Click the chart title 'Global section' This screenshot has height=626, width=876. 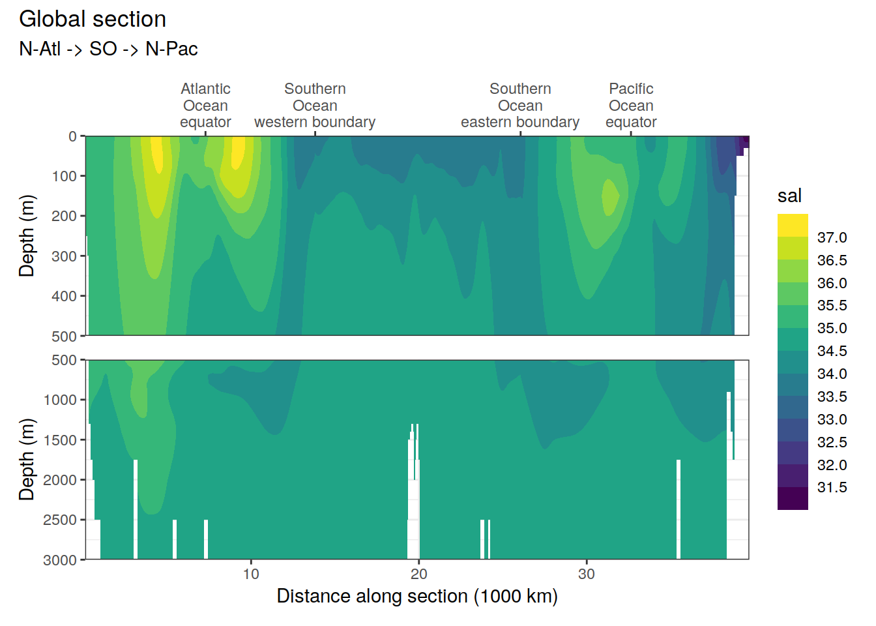coord(93,20)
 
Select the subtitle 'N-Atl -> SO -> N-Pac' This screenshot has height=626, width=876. coord(108,49)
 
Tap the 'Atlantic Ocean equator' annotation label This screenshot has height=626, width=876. coord(205,106)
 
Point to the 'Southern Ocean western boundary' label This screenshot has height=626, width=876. coord(315,106)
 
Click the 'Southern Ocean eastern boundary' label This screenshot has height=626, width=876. coord(520,106)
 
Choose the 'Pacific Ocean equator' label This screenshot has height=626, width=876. coord(631,106)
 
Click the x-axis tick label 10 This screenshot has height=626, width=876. coord(251,574)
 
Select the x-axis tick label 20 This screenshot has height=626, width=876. coord(418,574)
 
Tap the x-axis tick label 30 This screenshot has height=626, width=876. coord(587,574)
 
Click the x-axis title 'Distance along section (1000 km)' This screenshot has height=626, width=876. coord(417,596)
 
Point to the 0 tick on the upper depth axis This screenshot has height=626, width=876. coord(73,136)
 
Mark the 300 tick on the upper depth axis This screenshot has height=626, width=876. coord(65,256)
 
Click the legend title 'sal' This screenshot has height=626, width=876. coord(789,196)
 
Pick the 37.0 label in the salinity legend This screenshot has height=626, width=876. coord(832,237)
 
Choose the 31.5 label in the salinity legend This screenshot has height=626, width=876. coord(832,487)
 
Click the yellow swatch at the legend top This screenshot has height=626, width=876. coord(793,225)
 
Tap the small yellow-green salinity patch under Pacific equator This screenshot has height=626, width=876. coord(610,197)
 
